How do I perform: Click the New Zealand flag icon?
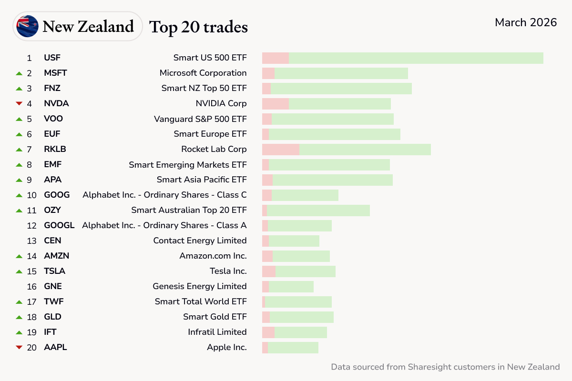click(27, 26)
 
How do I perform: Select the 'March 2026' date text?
click(526, 22)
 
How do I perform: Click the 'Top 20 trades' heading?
click(199, 27)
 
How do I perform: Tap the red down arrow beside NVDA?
click(19, 103)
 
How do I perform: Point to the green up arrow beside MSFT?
click(19, 73)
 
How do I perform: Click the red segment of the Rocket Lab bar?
click(280, 149)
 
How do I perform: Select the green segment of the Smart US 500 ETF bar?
click(416, 58)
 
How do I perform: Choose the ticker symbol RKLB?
click(55, 149)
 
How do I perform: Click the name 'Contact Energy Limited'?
click(200, 241)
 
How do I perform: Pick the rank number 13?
click(31, 241)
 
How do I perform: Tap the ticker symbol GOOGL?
click(59, 225)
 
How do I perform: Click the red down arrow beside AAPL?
click(19, 347)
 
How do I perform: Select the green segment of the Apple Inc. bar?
click(293, 348)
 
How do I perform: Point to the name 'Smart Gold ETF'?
click(214, 317)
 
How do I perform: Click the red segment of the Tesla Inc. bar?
click(269, 271)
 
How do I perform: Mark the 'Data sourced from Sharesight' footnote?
click(445, 367)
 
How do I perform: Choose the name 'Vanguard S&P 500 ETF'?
click(200, 119)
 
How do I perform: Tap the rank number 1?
click(29, 58)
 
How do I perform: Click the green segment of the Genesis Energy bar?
click(291, 287)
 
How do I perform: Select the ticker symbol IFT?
click(51, 332)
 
